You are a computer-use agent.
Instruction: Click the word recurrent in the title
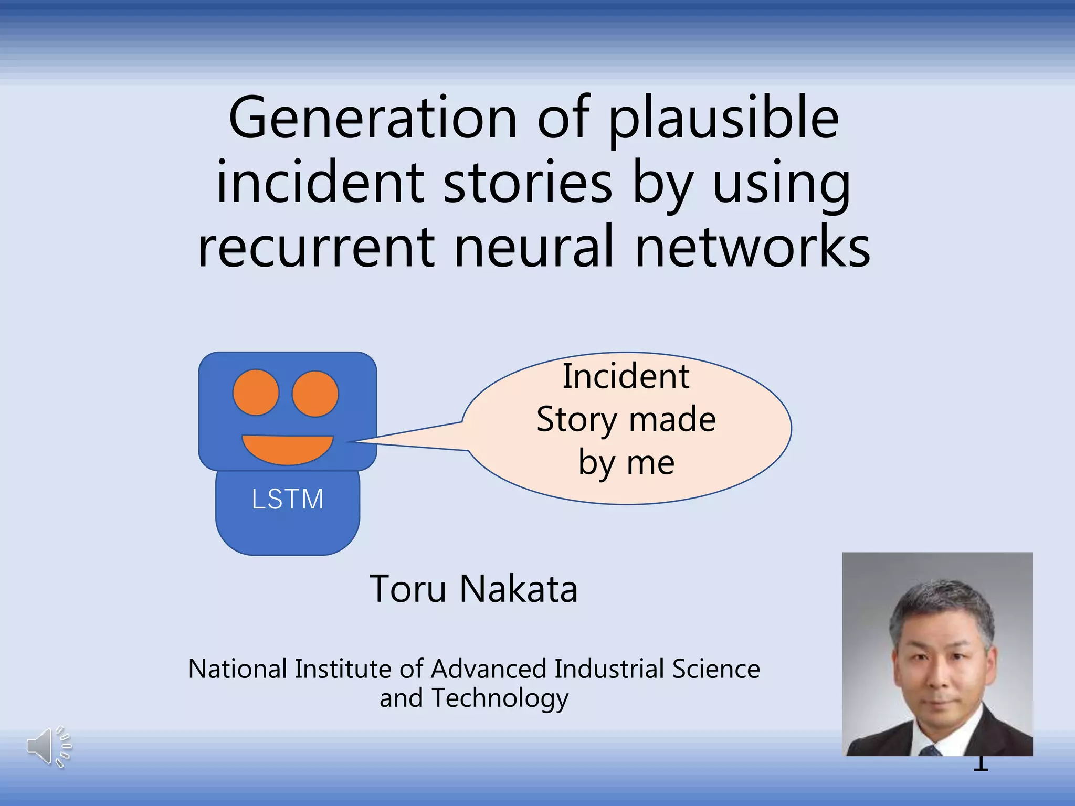pyautogui.click(x=316, y=247)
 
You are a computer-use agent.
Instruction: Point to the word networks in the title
pyautogui.click(x=752, y=247)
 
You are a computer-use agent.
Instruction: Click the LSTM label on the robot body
pyautogui.click(x=288, y=499)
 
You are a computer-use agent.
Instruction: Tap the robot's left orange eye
pyautogui.click(x=256, y=393)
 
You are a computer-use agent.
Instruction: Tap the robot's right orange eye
pyautogui.click(x=315, y=394)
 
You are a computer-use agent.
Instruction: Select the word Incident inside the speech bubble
pyautogui.click(x=626, y=377)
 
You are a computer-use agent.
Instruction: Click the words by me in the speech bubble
pyautogui.click(x=626, y=463)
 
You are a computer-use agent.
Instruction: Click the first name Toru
pyautogui.click(x=408, y=589)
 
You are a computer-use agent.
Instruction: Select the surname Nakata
pyautogui.click(x=518, y=589)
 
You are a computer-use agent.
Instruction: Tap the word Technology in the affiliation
pyautogui.click(x=500, y=698)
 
